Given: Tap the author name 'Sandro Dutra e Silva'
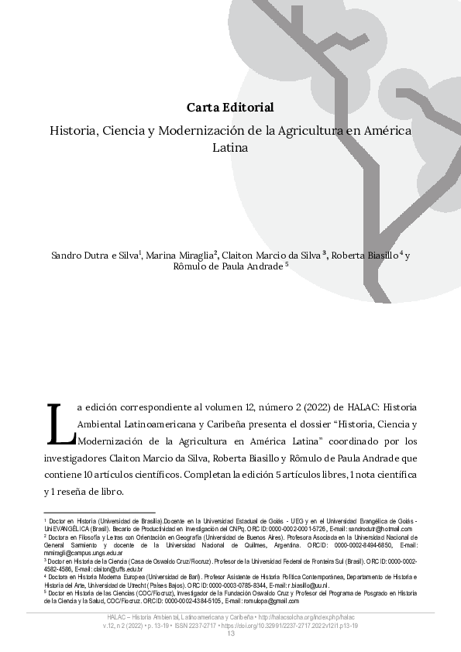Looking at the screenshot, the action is coord(95,255).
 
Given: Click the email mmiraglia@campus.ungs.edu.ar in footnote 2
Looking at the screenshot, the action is coord(71,553).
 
